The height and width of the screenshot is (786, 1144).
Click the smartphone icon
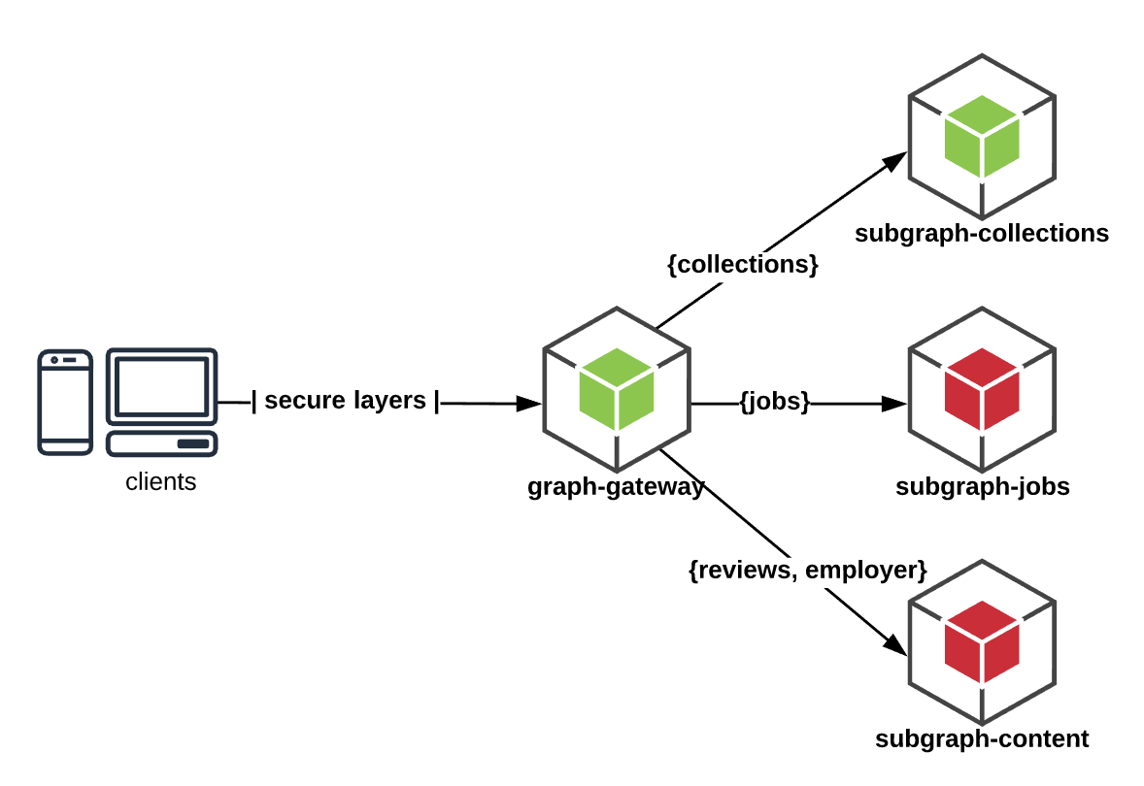point(65,402)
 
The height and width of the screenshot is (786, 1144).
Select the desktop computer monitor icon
point(161,386)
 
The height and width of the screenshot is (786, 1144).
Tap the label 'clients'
point(161,481)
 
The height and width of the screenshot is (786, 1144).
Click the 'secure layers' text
point(345,401)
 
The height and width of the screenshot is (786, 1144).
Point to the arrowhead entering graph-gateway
point(529,403)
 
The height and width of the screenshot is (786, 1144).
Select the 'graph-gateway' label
point(616,486)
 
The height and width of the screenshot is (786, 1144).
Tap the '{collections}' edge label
point(743,264)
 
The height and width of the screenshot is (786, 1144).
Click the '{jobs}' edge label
point(774,402)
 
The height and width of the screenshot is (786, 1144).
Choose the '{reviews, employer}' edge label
point(807,571)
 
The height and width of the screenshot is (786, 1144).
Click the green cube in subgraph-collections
point(982,137)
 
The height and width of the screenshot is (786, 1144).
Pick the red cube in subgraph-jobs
point(982,389)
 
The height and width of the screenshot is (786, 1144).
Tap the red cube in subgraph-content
point(982,641)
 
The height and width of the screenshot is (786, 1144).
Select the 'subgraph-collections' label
point(982,234)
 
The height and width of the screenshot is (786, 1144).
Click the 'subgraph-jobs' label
point(982,486)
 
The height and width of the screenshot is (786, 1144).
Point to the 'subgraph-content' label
point(982,739)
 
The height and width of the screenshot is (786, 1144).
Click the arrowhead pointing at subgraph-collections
point(895,161)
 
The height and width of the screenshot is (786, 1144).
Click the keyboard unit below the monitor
point(161,443)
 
